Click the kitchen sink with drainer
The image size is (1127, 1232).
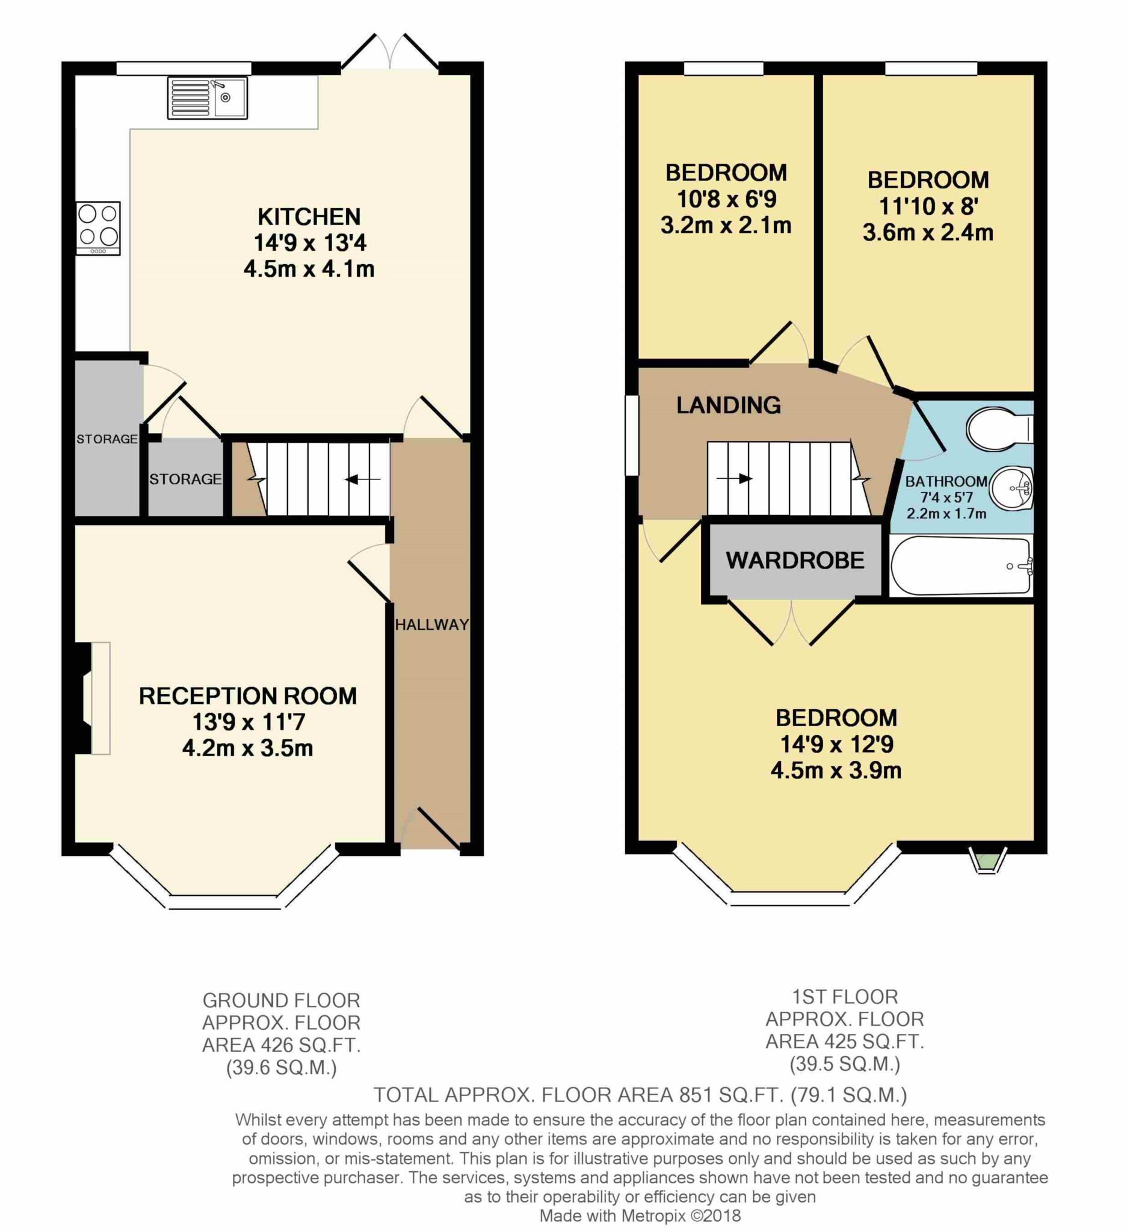(x=207, y=98)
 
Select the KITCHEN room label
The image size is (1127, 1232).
(x=309, y=217)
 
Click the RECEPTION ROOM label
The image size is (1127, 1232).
(x=247, y=695)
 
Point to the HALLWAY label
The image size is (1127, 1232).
(x=431, y=624)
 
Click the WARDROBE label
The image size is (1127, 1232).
(x=794, y=560)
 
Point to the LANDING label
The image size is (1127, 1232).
(x=728, y=405)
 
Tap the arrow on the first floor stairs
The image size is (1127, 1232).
(x=736, y=478)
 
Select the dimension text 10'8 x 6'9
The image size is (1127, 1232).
(x=726, y=199)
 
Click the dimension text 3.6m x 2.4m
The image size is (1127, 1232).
(x=927, y=232)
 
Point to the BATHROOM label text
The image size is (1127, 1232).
(x=945, y=481)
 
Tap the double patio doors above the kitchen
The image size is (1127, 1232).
(x=390, y=52)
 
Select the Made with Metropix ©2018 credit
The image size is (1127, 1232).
(x=639, y=1216)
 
